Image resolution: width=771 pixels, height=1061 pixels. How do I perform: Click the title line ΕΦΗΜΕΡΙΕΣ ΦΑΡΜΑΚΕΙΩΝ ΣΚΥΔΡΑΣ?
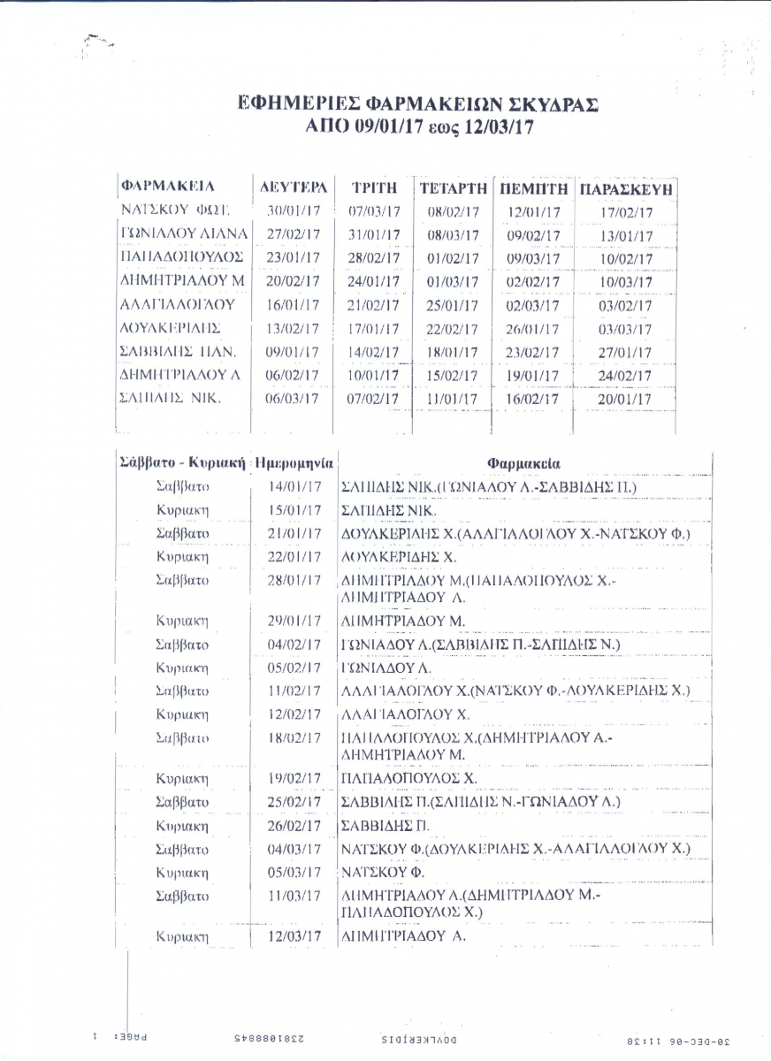coord(419,104)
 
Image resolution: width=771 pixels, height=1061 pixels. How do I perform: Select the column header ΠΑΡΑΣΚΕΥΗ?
coord(626,188)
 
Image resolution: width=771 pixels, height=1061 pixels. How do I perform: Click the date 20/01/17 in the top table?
coord(625,399)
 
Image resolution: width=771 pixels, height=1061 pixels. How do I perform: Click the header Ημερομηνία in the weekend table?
coord(294,462)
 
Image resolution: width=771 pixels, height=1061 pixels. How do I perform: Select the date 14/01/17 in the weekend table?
coord(294,487)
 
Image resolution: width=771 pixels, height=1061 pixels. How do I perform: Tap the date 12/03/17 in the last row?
coord(294,936)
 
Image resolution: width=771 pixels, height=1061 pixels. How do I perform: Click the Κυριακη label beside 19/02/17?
coord(182,779)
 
